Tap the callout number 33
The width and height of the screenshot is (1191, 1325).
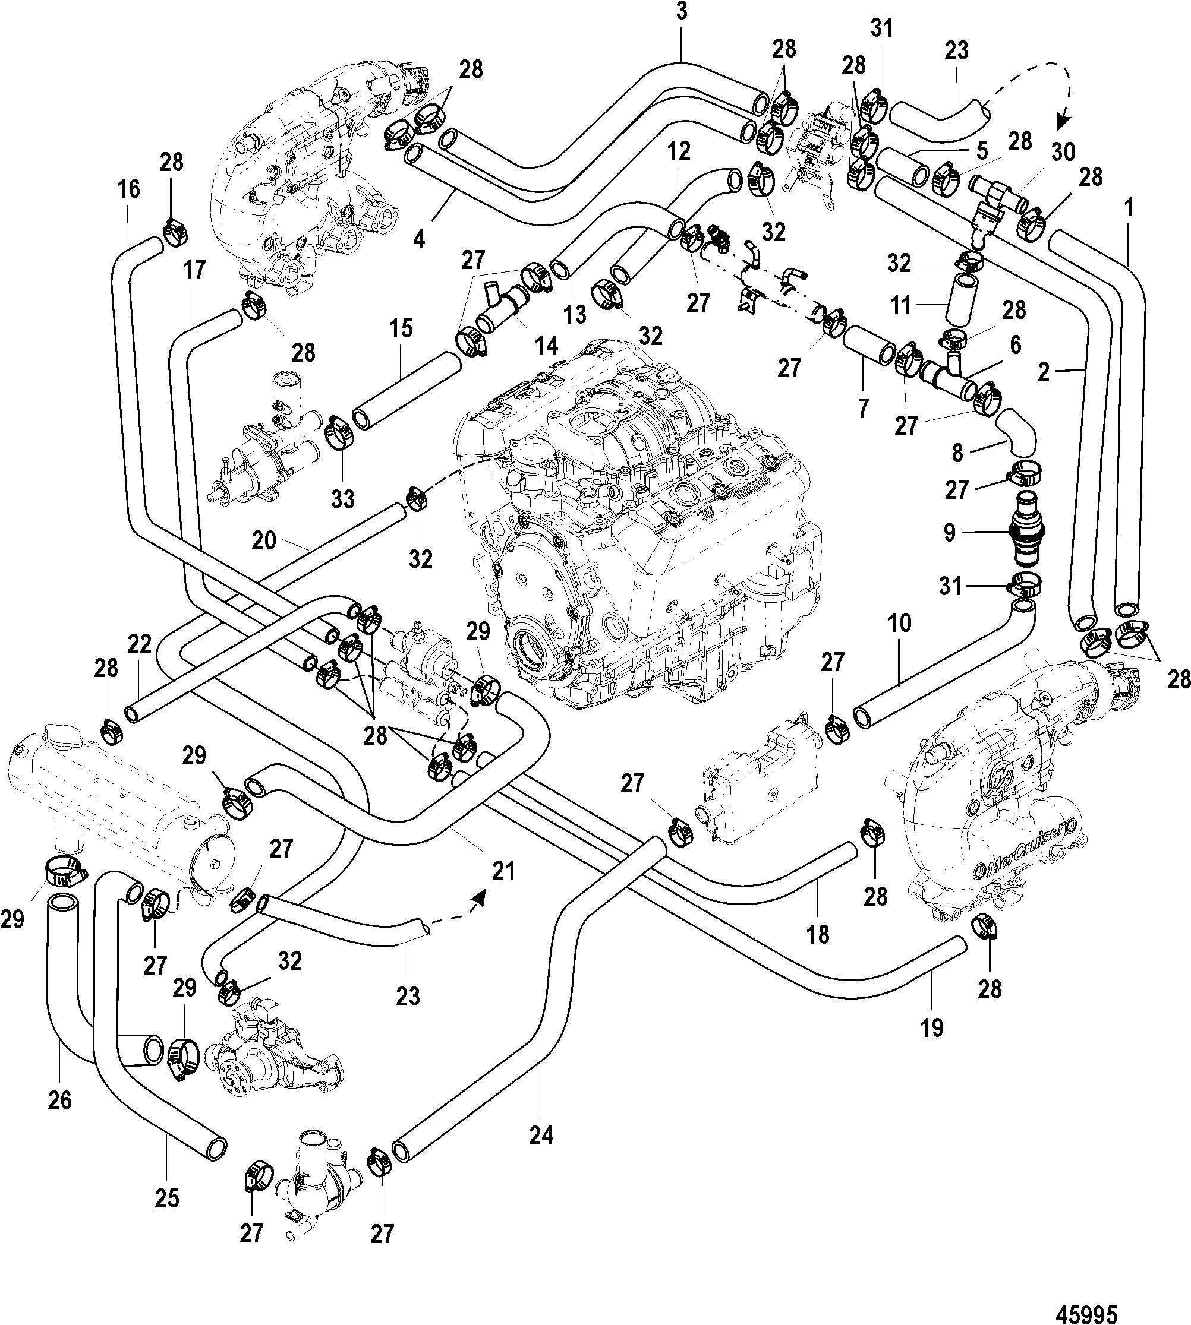pyautogui.click(x=343, y=499)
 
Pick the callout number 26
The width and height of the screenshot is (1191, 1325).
pyautogui.click(x=60, y=1101)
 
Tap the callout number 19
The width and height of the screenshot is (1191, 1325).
pyautogui.click(x=932, y=1029)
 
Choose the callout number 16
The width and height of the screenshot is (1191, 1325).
pyautogui.click(x=129, y=189)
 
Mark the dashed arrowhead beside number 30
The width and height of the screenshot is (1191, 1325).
pyautogui.click(x=1064, y=124)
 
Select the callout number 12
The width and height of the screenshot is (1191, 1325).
pyautogui.click(x=679, y=151)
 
